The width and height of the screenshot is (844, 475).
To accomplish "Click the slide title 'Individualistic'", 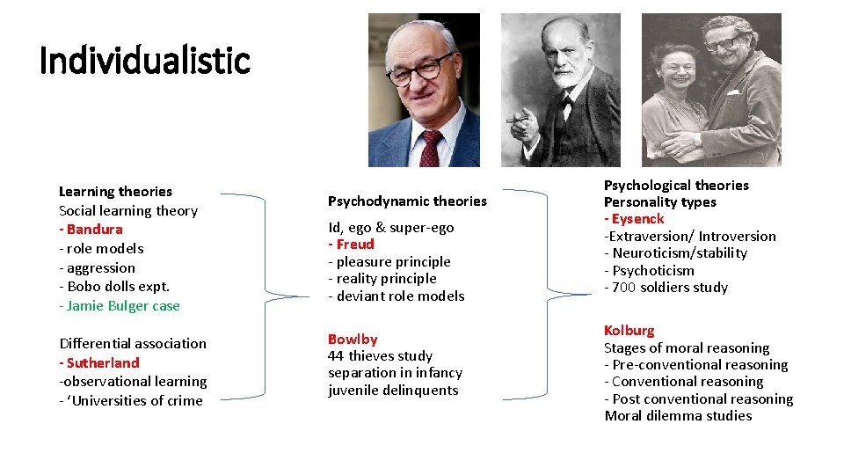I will tap(145, 61).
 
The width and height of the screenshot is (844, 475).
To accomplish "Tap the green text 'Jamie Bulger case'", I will tap(122, 306).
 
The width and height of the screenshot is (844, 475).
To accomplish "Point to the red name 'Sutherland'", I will tap(101, 362).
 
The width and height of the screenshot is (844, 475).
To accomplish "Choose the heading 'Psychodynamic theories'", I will tap(407, 201).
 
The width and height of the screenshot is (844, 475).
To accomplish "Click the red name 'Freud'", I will tap(353, 245).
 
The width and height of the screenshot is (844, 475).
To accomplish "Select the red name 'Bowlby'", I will tap(353, 340).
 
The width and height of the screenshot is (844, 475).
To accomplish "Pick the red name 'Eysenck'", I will tap(636, 219).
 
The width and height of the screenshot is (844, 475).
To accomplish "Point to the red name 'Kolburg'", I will tap(629, 331).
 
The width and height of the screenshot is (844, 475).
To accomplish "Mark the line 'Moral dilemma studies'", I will tap(678, 416).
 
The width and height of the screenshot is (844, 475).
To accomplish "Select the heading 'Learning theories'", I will tap(115, 192).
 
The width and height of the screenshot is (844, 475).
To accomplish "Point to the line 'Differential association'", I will tap(133, 343).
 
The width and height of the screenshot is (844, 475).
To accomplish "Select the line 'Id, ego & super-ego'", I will tap(391, 228).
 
